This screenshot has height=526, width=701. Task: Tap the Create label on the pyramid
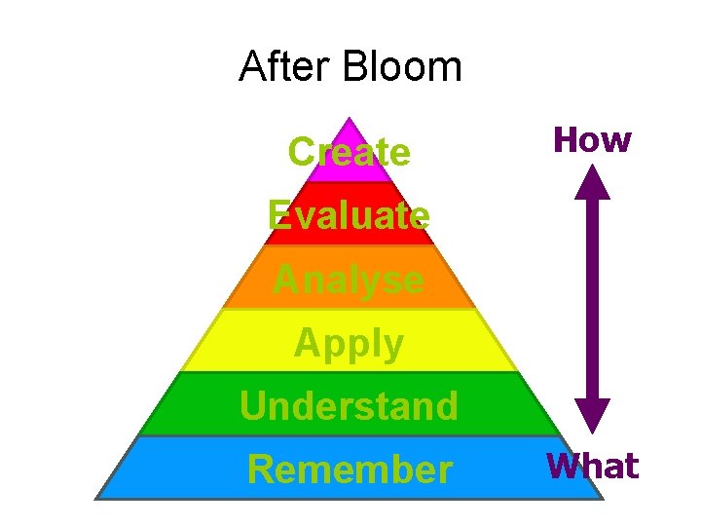(350, 152)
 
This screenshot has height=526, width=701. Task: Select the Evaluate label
(349, 215)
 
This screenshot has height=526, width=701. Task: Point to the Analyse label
(349, 281)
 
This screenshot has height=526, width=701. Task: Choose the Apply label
(349, 344)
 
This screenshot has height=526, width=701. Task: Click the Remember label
(349, 470)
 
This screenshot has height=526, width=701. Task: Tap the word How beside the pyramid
(592, 140)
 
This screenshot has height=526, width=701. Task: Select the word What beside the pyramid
(592, 467)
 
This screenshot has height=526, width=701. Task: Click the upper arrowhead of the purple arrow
(591, 183)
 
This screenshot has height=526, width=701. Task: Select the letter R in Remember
(260, 470)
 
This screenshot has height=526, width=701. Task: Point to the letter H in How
(566, 140)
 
